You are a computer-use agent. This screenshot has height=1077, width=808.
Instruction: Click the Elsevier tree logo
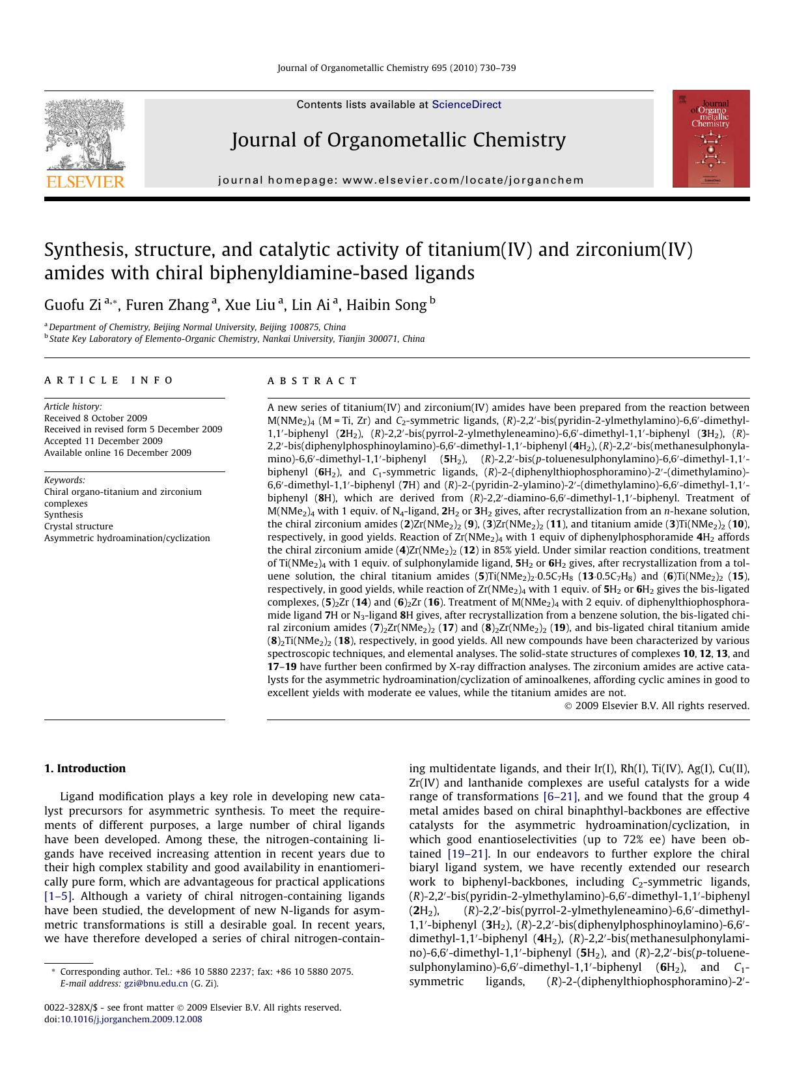pos(85,133)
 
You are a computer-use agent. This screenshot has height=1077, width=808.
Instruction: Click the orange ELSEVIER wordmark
pos(85,182)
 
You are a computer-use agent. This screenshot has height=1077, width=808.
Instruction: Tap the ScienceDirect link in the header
pos(466,104)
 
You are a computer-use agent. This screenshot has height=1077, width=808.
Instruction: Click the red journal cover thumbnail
pos(710,139)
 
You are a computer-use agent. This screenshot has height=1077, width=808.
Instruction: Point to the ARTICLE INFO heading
pos(109,380)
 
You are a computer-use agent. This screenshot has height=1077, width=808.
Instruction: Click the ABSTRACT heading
pos(312,381)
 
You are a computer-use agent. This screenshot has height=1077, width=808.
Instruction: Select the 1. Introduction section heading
pos(85,768)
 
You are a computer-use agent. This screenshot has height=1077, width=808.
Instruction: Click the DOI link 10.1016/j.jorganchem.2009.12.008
pos(131,1019)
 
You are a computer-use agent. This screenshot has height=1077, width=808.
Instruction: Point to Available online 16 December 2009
pos(118,453)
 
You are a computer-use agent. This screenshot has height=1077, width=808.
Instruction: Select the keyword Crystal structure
pos(78,526)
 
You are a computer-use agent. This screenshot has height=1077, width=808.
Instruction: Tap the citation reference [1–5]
pos(59,896)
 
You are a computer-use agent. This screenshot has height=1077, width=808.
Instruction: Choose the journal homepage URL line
pos(401,180)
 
